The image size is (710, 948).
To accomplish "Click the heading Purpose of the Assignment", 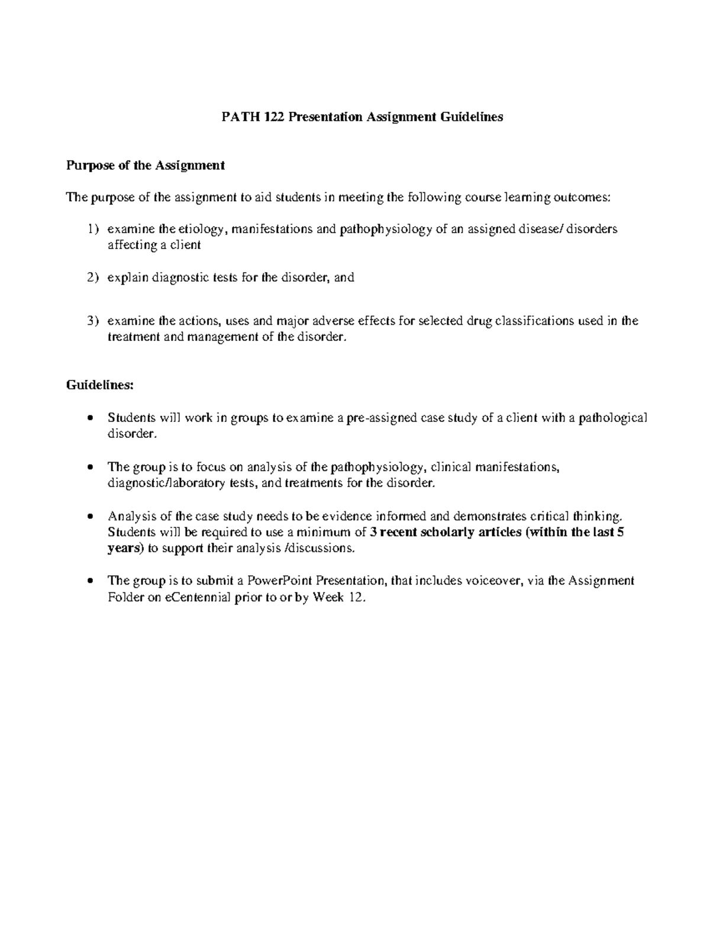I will [x=145, y=166].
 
